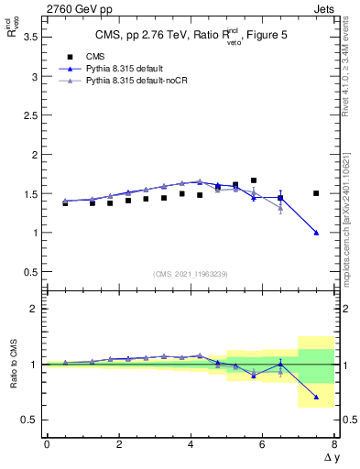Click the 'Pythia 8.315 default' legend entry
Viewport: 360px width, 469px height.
point(127,70)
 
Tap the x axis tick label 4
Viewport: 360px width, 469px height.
point(191,444)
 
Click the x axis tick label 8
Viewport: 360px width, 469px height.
point(334,444)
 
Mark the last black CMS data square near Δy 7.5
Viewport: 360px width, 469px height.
point(316,193)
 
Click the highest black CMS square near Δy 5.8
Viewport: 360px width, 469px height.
point(254,180)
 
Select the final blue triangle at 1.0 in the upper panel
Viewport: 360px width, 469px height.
point(316,233)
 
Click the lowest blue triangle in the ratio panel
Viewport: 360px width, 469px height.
point(316,397)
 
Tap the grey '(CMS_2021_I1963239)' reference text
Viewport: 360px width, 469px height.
point(190,274)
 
